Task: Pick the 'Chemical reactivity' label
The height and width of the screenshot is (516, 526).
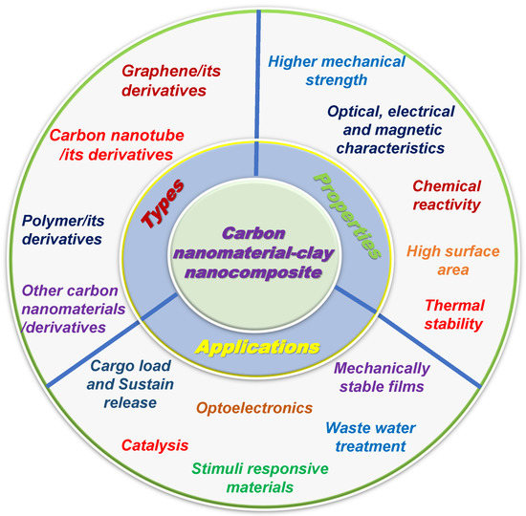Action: [447, 197]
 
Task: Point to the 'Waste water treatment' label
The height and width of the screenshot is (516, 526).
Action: [365, 438]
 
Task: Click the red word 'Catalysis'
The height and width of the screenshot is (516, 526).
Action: [154, 444]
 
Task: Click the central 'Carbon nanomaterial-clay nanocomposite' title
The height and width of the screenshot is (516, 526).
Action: [263, 255]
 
